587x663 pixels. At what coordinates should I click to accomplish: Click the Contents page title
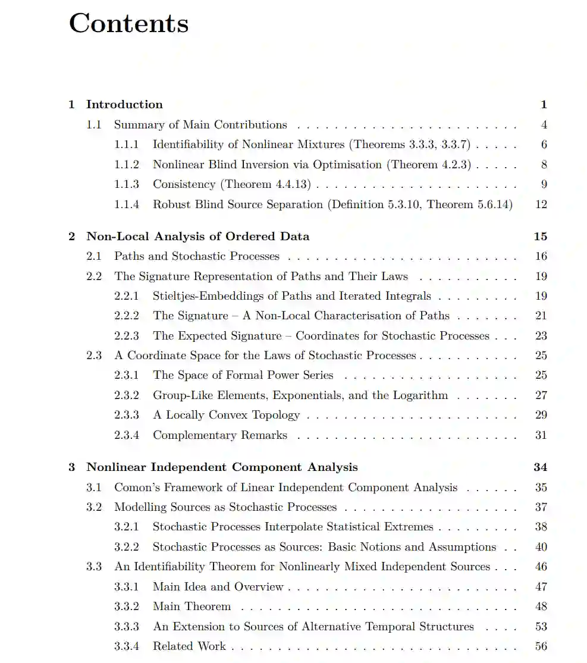point(128,24)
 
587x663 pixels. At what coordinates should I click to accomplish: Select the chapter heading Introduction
point(124,105)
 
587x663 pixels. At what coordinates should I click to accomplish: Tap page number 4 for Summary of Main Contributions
point(544,125)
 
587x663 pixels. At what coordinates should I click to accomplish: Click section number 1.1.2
point(127,165)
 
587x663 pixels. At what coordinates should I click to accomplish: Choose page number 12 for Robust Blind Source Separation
point(541,205)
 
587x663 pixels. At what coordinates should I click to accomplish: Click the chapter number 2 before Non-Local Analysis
point(72,237)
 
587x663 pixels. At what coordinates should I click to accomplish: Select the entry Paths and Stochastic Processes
point(196,256)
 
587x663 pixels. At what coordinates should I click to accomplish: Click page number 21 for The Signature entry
point(541,316)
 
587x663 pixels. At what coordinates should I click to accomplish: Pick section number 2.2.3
point(127,336)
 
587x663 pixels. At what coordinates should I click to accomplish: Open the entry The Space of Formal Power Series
point(243,375)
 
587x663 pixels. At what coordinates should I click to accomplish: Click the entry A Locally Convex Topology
point(226,415)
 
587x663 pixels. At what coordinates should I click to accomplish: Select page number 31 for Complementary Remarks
point(541,435)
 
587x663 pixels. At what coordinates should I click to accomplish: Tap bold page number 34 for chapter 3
point(540,467)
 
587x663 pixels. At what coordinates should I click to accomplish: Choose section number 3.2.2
point(127,547)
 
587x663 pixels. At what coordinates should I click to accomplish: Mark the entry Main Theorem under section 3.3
point(192,607)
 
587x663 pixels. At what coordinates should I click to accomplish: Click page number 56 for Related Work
point(541,646)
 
